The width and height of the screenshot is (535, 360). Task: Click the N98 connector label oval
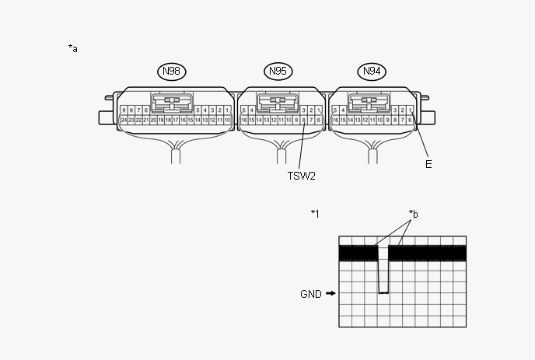[172, 72]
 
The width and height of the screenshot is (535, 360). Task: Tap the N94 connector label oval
[374, 72]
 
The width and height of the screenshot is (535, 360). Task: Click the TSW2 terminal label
[301, 176]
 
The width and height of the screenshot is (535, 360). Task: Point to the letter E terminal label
[428, 164]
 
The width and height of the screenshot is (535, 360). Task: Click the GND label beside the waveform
[311, 294]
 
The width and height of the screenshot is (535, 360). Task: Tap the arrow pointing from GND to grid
[331, 294]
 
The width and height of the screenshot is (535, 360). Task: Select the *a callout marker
[73, 48]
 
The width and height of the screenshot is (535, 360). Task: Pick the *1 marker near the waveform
[315, 213]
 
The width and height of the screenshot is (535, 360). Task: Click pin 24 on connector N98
[124, 121]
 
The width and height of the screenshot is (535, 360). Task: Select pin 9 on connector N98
[124, 110]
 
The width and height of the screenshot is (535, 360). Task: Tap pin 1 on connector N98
[227, 110]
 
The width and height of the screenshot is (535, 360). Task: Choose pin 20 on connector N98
[154, 121]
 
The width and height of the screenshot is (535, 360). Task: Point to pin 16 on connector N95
[244, 121]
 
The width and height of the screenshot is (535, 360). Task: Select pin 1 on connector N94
[410, 110]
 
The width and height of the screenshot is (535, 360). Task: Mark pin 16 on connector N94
[335, 121]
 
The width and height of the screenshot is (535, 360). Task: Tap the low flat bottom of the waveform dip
[383, 292]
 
